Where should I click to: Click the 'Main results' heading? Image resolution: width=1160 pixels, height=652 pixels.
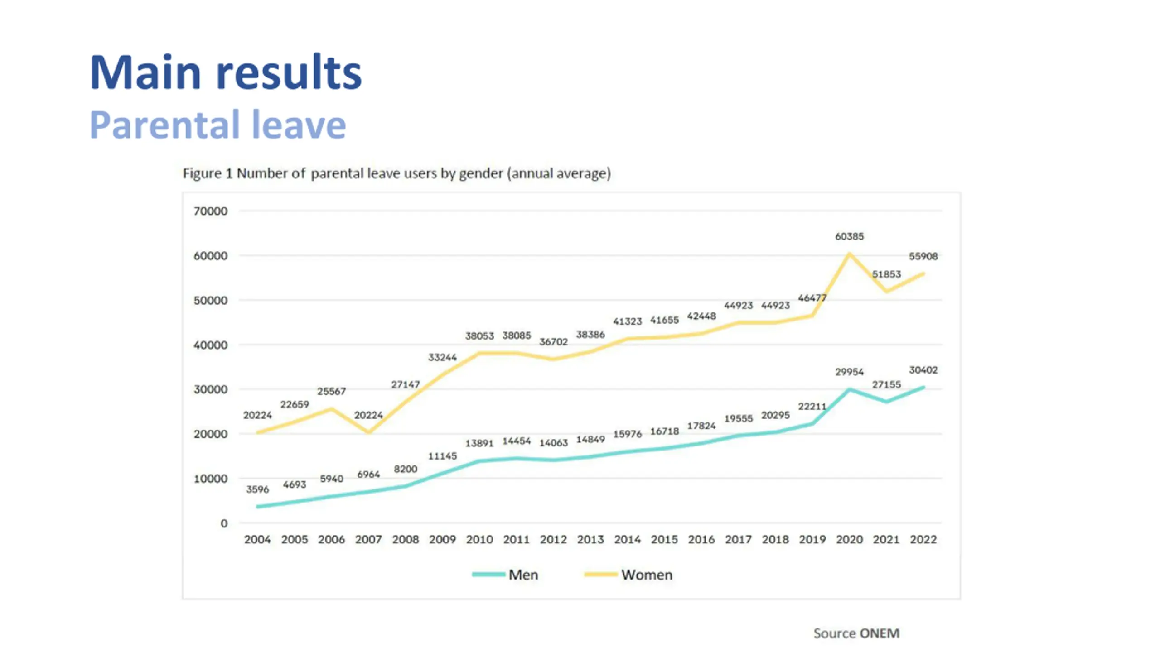(x=226, y=72)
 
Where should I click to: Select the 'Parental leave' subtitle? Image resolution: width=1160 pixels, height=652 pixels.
(x=217, y=125)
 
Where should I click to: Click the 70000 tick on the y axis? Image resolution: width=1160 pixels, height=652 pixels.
(x=210, y=211)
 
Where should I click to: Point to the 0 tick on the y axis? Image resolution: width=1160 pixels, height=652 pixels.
(x=224, y=523)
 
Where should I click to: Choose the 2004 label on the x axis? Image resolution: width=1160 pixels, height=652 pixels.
(x=257, y=539)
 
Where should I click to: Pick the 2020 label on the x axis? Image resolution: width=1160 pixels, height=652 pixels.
(x=849, y=539)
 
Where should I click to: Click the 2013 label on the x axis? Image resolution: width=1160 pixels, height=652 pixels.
(x=590, y=539)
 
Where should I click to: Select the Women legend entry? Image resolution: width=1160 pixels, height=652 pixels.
(x=628, y=575)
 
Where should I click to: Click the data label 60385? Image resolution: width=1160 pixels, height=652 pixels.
(x=849, y=236)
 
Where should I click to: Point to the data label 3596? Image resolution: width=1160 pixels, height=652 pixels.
(x=257, y=489)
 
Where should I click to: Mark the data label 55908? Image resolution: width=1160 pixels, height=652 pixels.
(x=923, y=256)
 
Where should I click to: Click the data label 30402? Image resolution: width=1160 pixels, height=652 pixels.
(x=923, y=370)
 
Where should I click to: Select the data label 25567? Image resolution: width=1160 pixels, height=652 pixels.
(x=331, y=391)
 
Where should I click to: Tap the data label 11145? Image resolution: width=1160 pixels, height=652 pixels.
(x=442, y=456)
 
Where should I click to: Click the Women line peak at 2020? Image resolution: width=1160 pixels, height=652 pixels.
(x=849, y=254)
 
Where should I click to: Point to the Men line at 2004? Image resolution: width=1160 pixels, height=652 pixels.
(x=258, y=507)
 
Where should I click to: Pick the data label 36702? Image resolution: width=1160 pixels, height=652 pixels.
(x=553, y=342)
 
